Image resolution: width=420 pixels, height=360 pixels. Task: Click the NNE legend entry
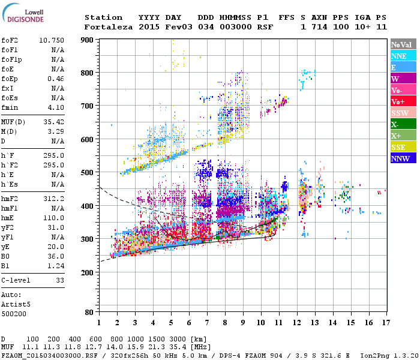tap(401, 56)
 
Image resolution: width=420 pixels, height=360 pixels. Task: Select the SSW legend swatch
tap(401, 113)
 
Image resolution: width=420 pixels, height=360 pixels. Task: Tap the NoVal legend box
tap(401, 44)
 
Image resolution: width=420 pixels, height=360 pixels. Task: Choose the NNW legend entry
tap(401, 158)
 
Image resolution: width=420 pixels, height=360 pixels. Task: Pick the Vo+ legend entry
tap(401, 101)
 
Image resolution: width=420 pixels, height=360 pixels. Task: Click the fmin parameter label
tap(11, 107)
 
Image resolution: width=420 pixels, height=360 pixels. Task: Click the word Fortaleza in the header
tap(108, 27)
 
